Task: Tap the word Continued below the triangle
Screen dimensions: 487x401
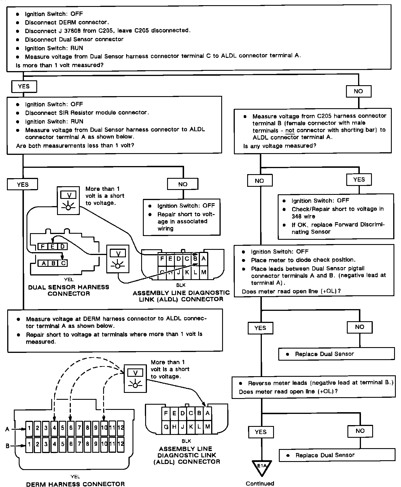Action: tap(260, 483)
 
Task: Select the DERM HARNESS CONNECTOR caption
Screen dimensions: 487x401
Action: tap(75, 484)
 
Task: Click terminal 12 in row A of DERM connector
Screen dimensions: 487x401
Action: tap(121, 427)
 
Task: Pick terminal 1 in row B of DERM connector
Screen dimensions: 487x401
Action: tap(29, 444)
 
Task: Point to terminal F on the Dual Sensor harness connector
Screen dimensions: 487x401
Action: tap(43, 247)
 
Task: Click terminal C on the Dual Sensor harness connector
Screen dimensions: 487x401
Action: tap(63, 263)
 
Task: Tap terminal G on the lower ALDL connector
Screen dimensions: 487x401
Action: tap(166, 427)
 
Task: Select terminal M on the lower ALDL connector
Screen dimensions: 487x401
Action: tap(207, 427)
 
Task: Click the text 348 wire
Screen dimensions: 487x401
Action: tap(303, 216)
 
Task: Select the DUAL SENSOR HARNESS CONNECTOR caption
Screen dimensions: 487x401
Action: tap(69, 290)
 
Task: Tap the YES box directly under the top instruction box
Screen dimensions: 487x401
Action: tap(24, 86)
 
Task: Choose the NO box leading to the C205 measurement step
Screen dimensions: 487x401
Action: tap(358, 91)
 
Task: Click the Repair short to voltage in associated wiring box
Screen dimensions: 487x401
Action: tap(181, 217)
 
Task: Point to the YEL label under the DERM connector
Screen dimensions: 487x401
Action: tap(75, 477)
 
